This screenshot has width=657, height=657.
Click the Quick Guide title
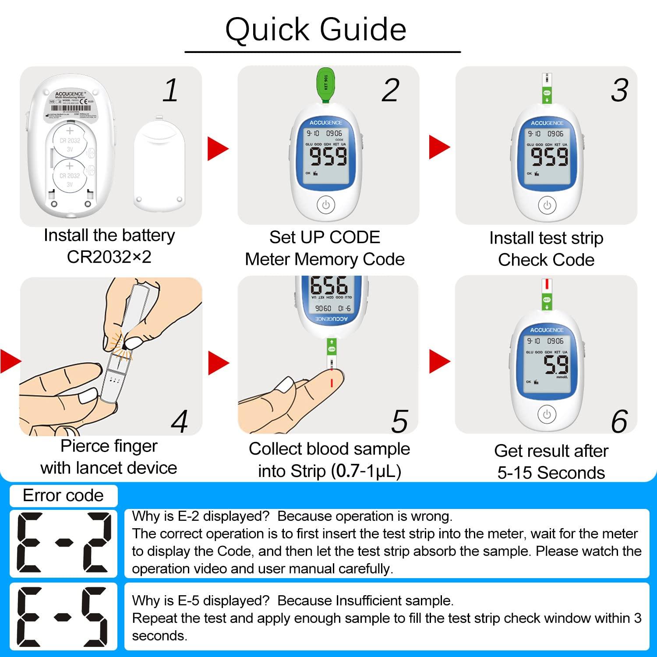[x=316, y=29]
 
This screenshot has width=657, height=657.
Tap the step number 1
[x=171, y=91]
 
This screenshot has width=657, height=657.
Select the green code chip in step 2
[x=325, y=85]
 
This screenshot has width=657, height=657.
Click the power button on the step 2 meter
[x=325, y=205]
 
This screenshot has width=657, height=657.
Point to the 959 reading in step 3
[x=549, y=157]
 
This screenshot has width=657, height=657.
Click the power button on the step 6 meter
[x=546, y=414]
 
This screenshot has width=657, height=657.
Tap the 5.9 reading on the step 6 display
[x=556, y=364]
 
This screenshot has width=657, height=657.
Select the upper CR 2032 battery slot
[x=70, y=140]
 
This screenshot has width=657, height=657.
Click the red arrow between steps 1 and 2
[x=218, y=148]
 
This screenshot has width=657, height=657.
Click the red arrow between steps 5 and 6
[x=439, y=361]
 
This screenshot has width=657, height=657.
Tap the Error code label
[x=63, y=495]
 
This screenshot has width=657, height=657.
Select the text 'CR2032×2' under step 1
[x=109, y=257]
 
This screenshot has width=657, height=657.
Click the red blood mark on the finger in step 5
[x=332, y=382]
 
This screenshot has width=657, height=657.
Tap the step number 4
[x=179, y=421]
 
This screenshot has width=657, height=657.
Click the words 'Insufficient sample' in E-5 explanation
[x=394, y=600]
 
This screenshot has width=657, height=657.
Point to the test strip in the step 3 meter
[x=547, y=90]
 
